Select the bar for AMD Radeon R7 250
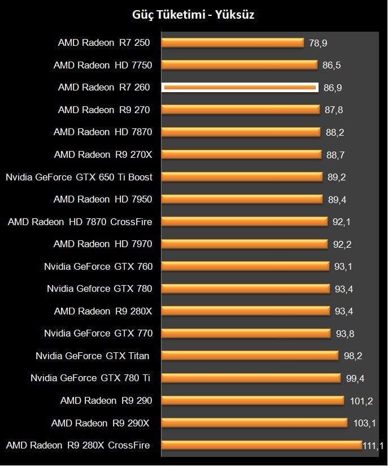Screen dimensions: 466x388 (233, 42)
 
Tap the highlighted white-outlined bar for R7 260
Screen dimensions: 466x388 (240, 87)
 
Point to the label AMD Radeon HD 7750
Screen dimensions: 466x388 (103, 65)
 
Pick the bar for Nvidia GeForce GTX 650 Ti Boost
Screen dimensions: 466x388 (242, 177)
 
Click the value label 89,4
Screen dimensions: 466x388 (337, 199)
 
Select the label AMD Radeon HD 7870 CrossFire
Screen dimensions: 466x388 (80, 222)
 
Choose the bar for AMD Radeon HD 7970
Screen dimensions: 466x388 (245, 244)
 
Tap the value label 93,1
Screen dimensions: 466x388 (343, 266)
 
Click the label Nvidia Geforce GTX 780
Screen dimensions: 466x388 (99, 288)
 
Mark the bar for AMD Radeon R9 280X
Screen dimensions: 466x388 (246, 311)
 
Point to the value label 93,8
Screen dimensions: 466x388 (345, 333)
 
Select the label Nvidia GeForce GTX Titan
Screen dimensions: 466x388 (93, 356)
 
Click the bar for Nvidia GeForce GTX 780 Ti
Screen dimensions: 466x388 (251, 378)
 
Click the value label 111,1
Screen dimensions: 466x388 (373, 446)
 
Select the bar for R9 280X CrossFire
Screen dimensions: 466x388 (261, 445)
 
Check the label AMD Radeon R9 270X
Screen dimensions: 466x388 (103, 154)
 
